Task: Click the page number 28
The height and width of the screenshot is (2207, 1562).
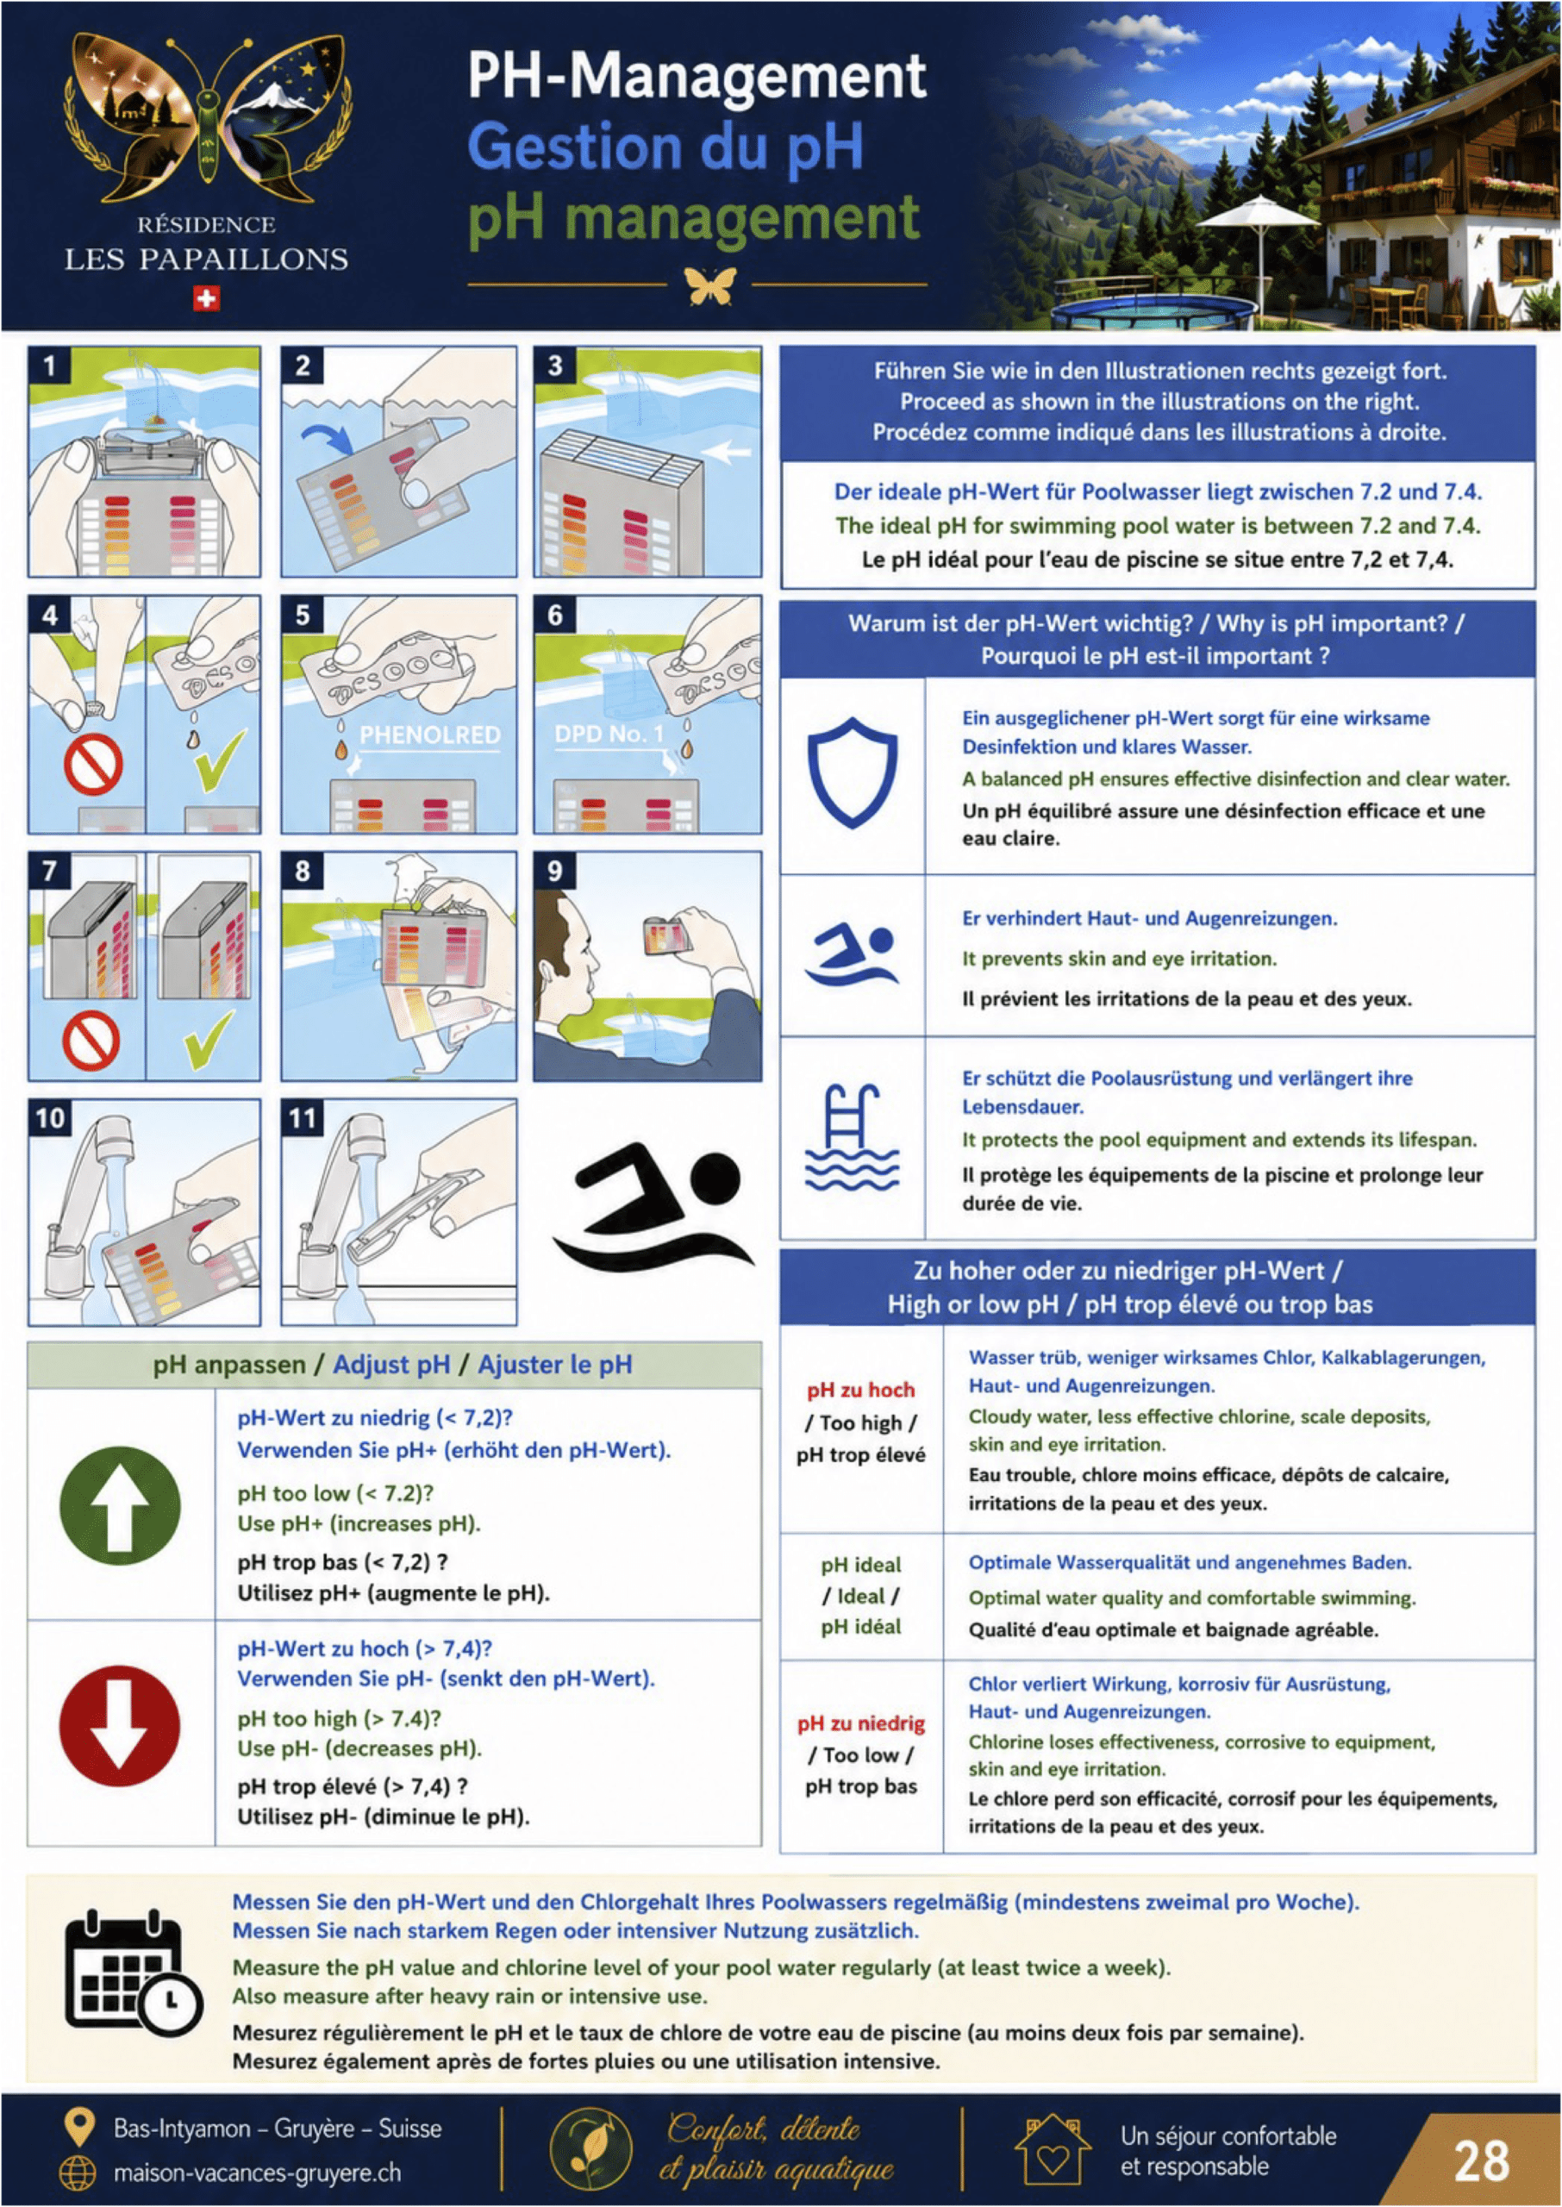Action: click(x=1481, y=2160)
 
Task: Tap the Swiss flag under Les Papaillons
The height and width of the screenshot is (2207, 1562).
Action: click(x=206, y=298)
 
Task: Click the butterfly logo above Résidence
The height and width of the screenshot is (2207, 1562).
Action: click(x=206, y=117)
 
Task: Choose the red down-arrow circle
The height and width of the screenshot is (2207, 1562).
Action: click(x=119, y=1725)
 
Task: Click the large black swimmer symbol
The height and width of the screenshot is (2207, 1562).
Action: click(x=654, y=1209)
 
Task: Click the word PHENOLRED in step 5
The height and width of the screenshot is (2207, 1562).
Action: click(x=430, y=735)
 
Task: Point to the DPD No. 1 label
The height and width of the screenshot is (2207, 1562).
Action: click(x=609, y=734)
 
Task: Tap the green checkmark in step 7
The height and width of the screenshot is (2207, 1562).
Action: click(x=209, y=1039)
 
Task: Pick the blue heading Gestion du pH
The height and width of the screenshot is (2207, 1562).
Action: click(x=665, y=147)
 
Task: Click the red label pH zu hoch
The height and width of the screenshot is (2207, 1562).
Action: click(x=861, y=1390)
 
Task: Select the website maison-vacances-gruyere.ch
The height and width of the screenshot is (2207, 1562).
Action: click(x=257, y=2173)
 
